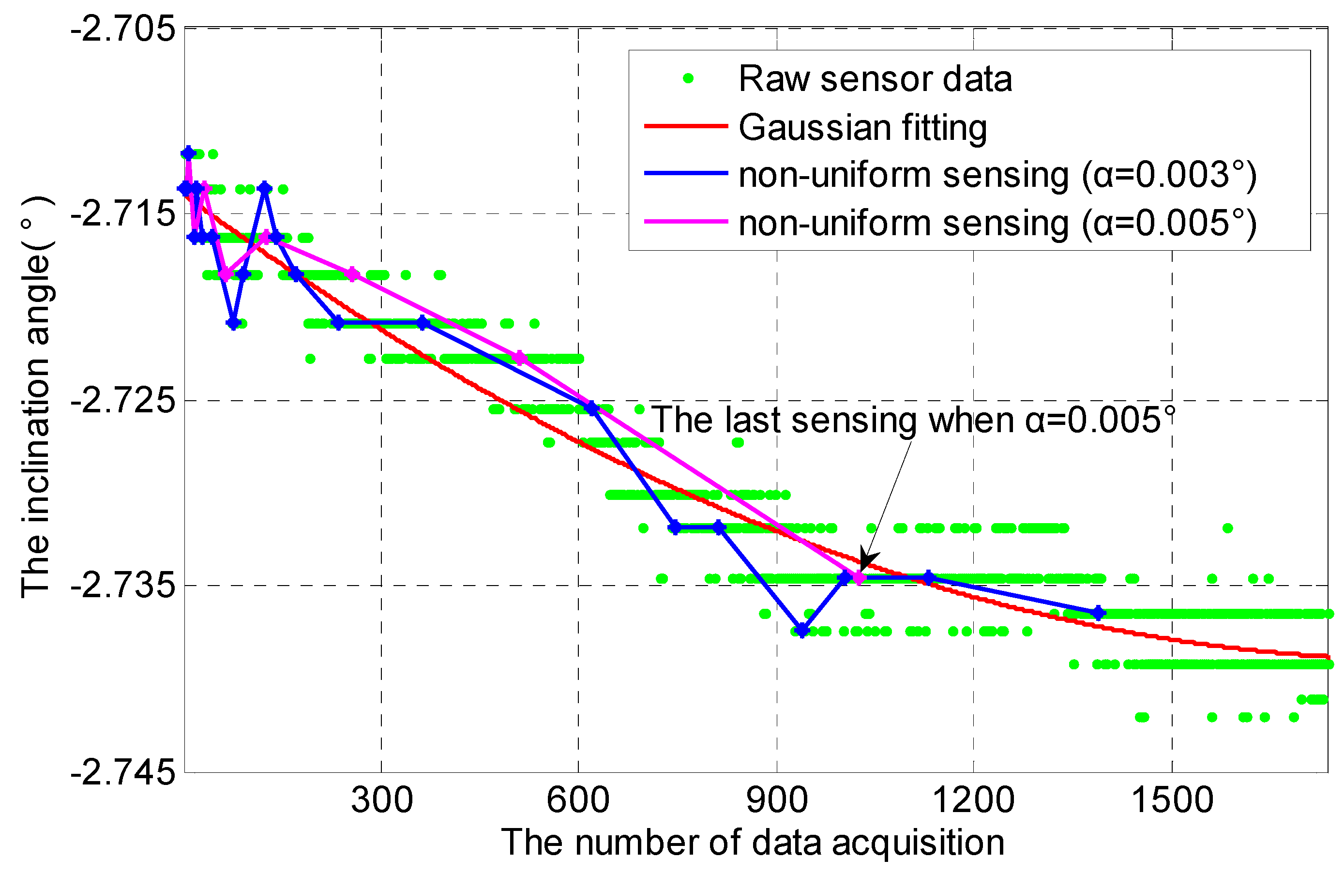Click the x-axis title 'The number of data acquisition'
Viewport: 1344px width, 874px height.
pos(753,843)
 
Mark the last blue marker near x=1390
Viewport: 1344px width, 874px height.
pos(1098,613)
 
